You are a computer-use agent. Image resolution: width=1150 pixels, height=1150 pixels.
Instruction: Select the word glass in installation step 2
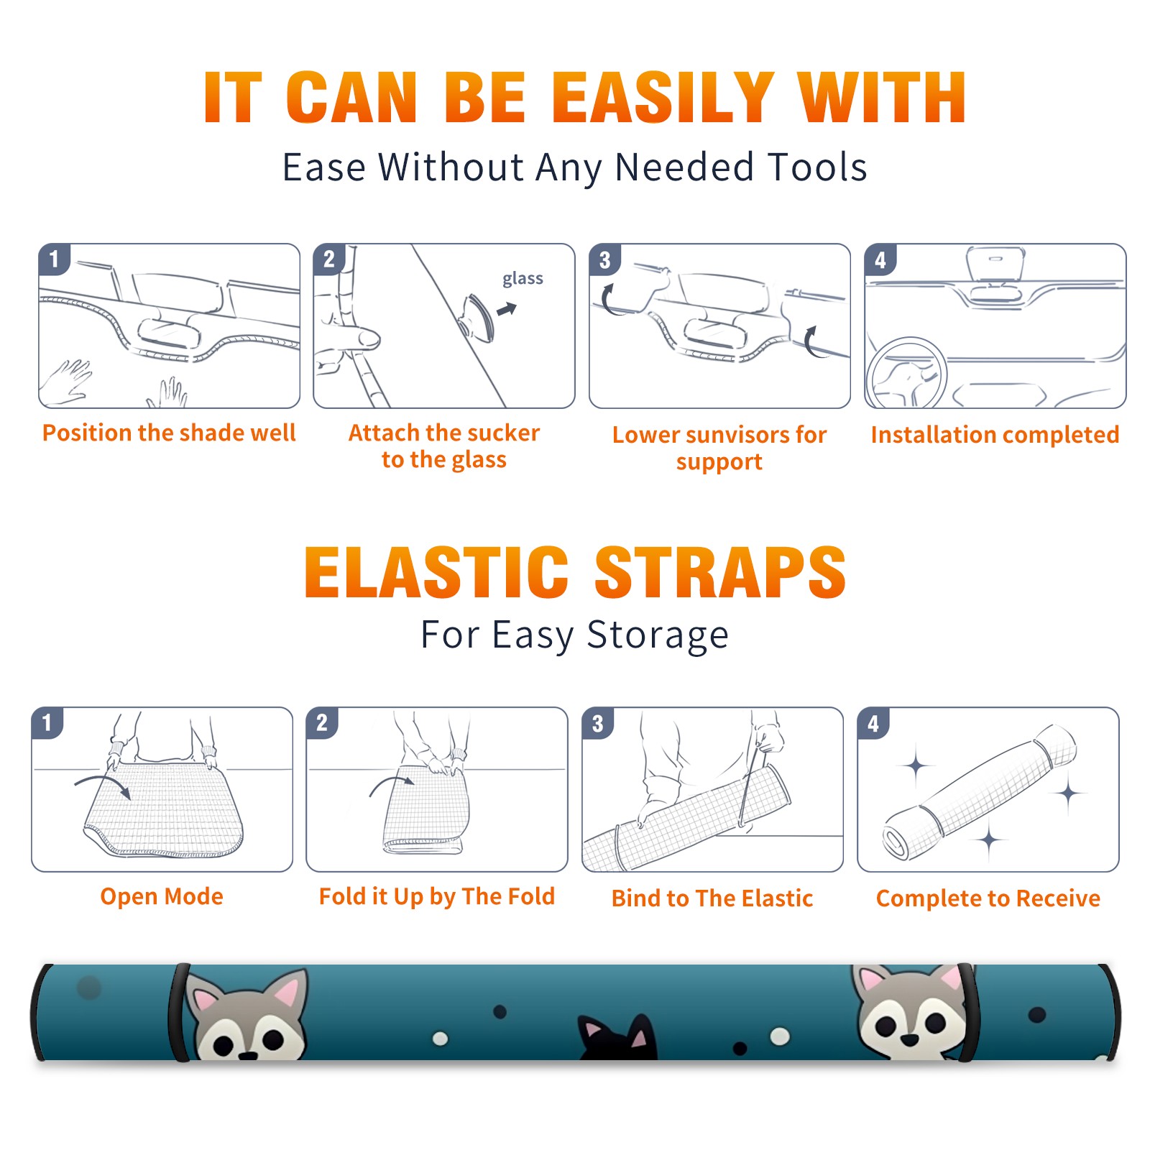[x=523, y=279]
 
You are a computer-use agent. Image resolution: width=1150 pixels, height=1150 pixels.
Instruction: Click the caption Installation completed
[x=995, y=434]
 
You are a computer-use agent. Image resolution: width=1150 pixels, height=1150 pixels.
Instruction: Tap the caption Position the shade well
[x=169, y=433]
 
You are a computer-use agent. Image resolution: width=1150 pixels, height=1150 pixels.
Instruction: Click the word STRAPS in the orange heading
[x=720, y=572]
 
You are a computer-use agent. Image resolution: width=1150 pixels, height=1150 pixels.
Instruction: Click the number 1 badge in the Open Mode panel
[x=47, y=722]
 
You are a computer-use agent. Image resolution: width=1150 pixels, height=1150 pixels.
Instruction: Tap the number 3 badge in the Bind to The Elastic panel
[x=598, y=723]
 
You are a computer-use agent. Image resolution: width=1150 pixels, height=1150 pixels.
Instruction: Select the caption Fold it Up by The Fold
[x=437, y=896]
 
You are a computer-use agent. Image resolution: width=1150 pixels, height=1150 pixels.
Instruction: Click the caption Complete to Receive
[x=988, y=898]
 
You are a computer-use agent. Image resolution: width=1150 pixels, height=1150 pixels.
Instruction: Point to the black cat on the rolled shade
[x=618, y=1037]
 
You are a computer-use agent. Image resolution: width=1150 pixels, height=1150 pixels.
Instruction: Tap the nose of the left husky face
[x=247, y=1055]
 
